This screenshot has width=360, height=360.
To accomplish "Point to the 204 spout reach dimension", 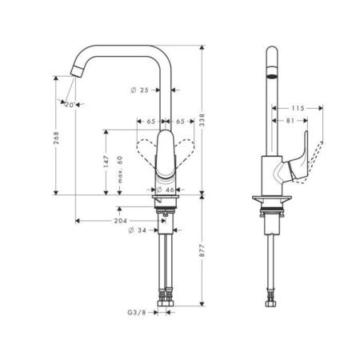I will [x=122, y=219].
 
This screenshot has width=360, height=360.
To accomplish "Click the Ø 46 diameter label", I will [x=164, y=189].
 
